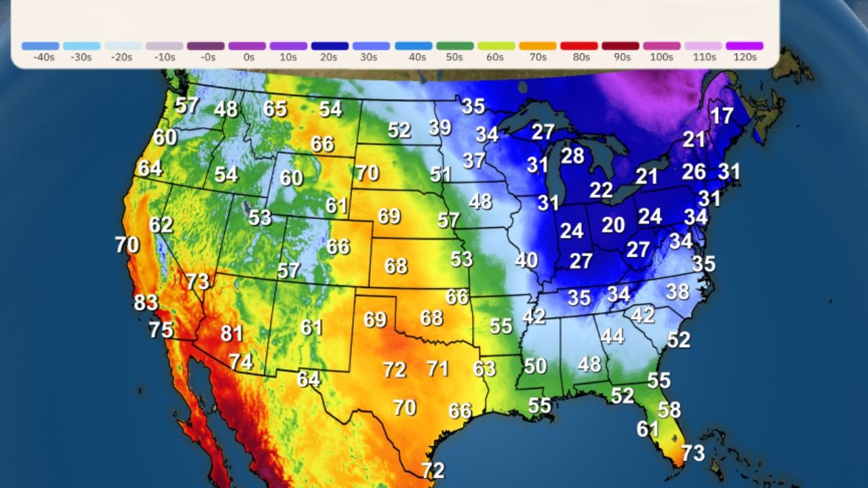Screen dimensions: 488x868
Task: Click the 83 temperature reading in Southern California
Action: [146, 302]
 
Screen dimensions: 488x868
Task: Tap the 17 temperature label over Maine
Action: [722, 116]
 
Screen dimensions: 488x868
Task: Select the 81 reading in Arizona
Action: [232, 333]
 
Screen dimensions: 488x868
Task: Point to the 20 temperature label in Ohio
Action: [613, 225]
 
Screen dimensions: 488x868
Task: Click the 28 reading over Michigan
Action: [572, 156]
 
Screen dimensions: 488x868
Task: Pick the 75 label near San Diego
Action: [161, 330]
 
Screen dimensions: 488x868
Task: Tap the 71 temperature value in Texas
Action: [437, 369]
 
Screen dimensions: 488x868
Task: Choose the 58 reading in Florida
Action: [669, 410]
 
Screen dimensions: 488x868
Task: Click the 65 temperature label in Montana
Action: [275, 109]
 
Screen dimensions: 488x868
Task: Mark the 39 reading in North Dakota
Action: [440, 127]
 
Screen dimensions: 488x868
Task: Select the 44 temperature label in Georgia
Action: [612, 336]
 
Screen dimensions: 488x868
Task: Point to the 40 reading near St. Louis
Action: [526, 260]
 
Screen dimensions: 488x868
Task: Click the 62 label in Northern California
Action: [161, 225]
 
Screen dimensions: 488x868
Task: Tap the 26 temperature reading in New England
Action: [694, 171]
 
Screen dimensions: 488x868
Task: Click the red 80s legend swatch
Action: [579, 46]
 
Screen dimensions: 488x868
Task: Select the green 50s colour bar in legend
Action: [455, 46]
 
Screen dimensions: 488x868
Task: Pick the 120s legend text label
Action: [745, 58]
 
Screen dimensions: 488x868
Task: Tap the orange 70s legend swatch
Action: [538, 46]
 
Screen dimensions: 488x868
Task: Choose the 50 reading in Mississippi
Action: [535, 367]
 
